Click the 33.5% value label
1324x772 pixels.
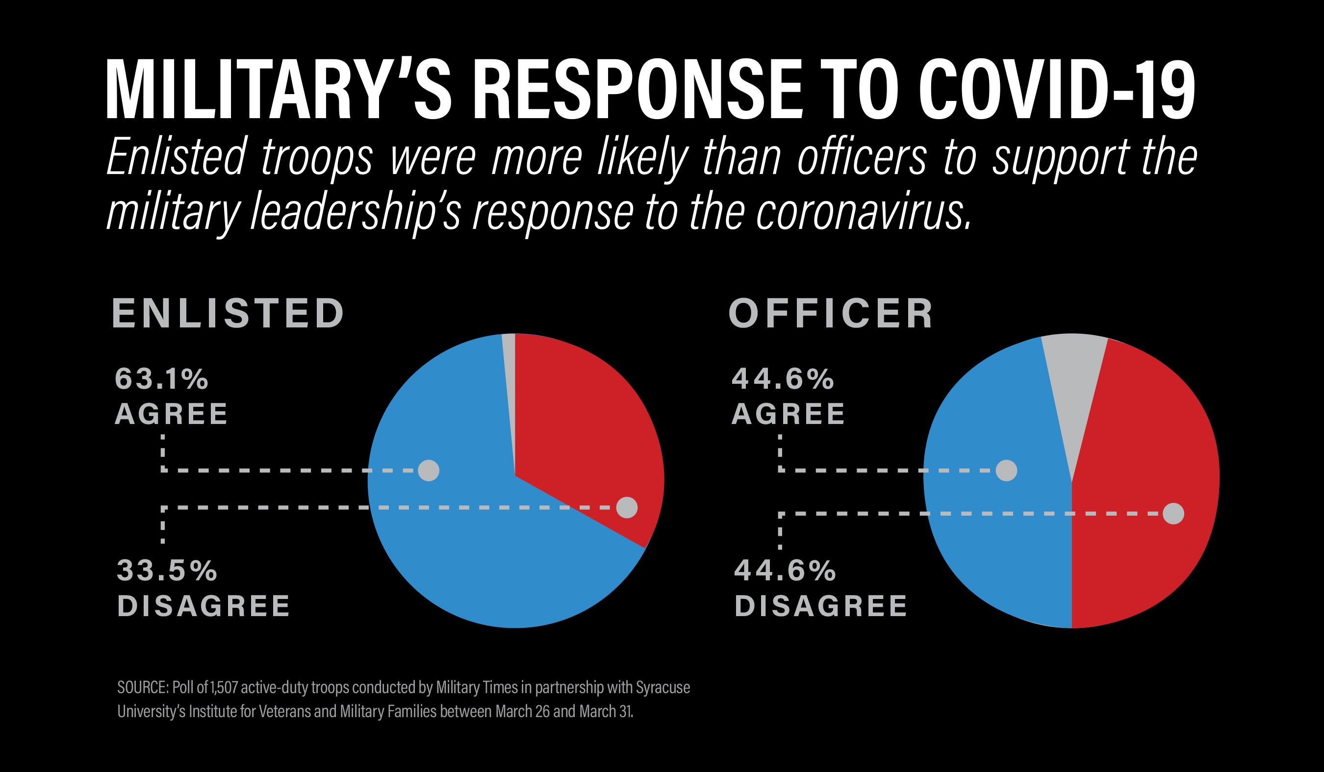[x=167, y=571]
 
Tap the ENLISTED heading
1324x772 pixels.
[x=228, y=314]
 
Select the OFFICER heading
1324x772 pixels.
[x=831, y=314]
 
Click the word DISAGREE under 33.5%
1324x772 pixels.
[x=204, y=606]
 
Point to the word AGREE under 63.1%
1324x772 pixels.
[x=171, y=414]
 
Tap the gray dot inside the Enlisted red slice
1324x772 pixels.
[x=626, y=507]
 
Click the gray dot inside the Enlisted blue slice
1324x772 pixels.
[x=428, y=470]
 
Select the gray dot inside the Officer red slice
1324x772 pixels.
[x=1173, y=513]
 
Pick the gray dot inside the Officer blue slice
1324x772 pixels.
[x=1006, y=470]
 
